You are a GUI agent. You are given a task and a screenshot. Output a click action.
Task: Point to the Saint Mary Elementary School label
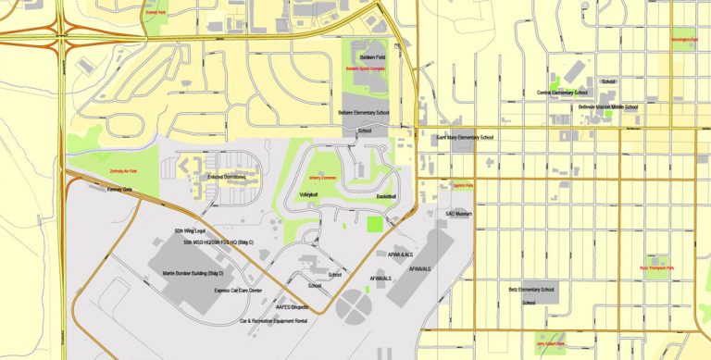(x=464, y=137)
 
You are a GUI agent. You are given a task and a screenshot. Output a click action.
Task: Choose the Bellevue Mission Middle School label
(x=607, y=106)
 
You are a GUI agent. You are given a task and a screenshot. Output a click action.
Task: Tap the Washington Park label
(x=685, y=41)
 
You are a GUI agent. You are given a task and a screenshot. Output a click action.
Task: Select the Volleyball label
(x=308, y=195)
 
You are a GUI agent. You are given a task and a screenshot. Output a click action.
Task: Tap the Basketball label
(x=386, y=197)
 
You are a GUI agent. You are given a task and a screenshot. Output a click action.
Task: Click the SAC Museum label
(x=458, y=214)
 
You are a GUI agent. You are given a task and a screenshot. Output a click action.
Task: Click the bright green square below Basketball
(x=374, y=223)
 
